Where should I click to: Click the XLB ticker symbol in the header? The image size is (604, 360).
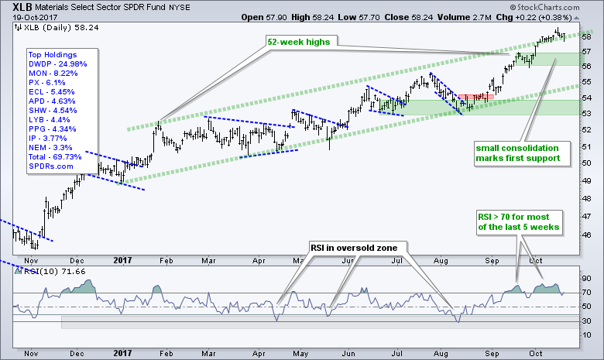pos(16,7)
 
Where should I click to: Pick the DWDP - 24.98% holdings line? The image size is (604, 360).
pos(54,64)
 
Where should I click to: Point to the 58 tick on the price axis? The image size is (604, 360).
pos(586,36)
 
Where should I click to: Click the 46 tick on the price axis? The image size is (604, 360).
pos(586,235)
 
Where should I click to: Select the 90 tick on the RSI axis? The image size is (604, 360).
pos(586,277)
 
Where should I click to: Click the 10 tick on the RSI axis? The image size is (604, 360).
pos(586,334)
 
